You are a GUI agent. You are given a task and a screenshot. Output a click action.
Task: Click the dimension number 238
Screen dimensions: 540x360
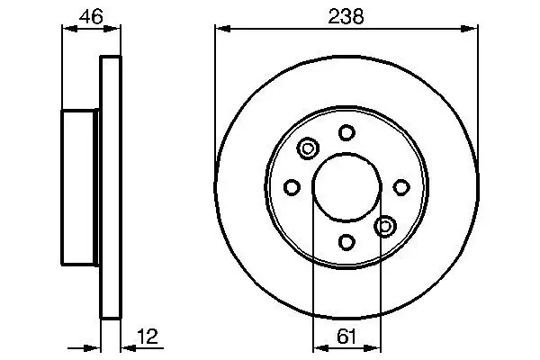pos(346,16)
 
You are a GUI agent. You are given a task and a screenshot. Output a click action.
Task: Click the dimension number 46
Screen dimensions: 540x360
pos(91,16)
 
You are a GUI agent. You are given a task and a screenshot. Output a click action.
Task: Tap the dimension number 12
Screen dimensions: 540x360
pos(148,337)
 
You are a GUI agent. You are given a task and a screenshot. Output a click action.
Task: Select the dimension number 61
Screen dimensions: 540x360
pos(346,337)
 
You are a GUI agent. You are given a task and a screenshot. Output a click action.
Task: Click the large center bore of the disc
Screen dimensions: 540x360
pos(347,187)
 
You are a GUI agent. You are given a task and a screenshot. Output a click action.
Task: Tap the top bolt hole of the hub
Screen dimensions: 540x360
pos(346,132)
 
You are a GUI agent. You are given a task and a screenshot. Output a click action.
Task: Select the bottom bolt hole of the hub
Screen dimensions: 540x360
pos(346,242)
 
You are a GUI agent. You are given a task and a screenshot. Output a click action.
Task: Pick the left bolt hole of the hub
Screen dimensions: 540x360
pos(292,187)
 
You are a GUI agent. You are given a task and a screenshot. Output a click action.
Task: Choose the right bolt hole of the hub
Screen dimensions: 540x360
pos(401,187)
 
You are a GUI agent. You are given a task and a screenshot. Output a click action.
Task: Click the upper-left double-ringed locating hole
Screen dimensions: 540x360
pos(308,148)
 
